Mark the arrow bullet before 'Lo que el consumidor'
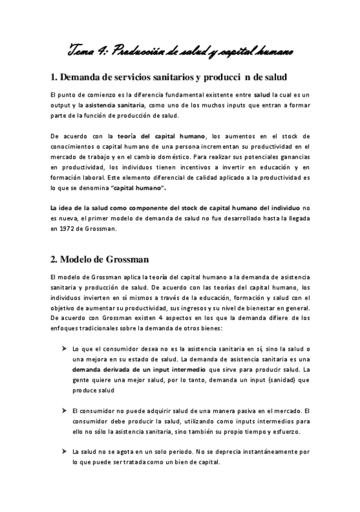tap(64, 348)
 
